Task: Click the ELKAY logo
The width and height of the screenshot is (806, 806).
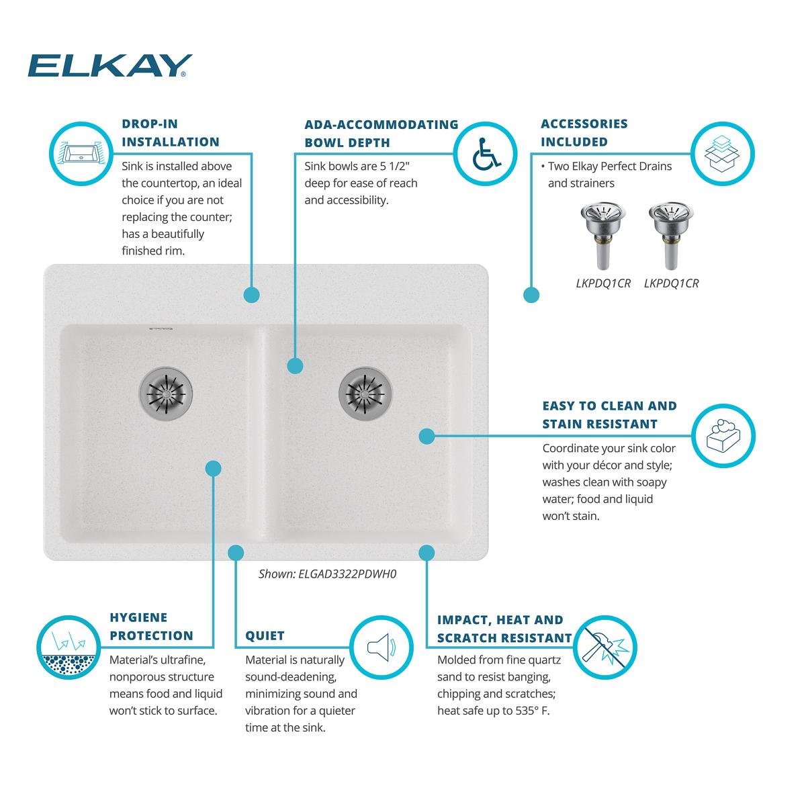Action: tap(109, 66)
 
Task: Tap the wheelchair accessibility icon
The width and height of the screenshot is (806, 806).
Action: tap(486, 154)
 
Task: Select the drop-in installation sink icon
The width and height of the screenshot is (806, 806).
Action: tap(81, 154)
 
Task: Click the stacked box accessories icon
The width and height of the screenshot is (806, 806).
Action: tap(722, 154)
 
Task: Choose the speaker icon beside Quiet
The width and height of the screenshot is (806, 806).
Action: tap(382, 647)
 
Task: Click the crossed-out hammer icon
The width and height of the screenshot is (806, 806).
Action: tap(604, 647)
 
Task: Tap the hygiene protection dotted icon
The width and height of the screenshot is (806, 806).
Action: tap(69, 647)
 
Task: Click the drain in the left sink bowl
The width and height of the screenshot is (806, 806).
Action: tap(166, 394)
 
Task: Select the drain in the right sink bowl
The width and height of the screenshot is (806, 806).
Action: tap(365, 394)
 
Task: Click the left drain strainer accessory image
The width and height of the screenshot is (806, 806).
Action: tap(603, 236)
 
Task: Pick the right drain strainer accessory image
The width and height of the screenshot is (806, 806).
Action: tap(671, 236)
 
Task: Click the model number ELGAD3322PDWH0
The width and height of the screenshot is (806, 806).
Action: tap(347, 574)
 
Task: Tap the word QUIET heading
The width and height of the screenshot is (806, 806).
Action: tap(265, 636)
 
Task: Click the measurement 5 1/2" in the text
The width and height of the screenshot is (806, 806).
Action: tap(394, 166)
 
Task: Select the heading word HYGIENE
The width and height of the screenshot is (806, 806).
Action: tap(138, 617)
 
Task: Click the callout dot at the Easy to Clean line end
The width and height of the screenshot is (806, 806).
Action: tap(427, 437)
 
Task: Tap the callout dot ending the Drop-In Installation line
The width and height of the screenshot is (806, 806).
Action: tap(251, 295)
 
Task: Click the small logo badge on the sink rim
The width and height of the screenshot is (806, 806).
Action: tap(161, 328)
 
